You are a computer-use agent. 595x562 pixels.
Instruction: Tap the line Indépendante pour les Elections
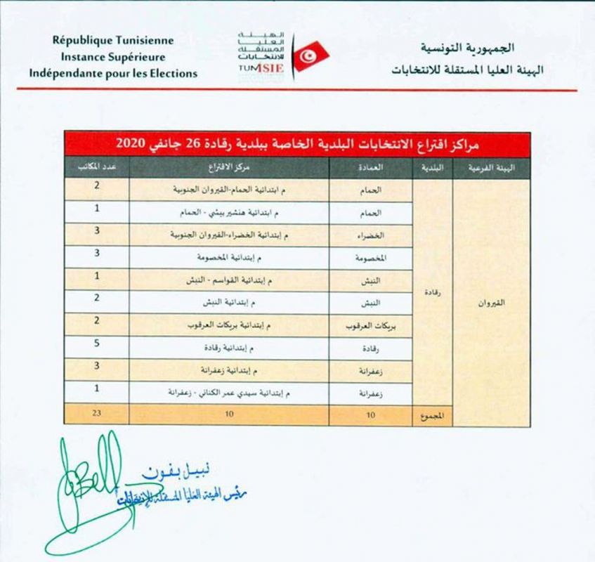[113, 73]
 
